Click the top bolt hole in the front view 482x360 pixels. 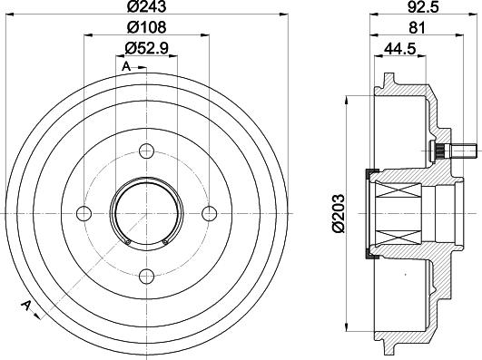click(x=147, y=151)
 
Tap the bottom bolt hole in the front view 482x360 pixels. click(x=147, y=277)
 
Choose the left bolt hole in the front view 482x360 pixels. click(x=84, y=214)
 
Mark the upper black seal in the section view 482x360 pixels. click(x=369, y=174)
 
